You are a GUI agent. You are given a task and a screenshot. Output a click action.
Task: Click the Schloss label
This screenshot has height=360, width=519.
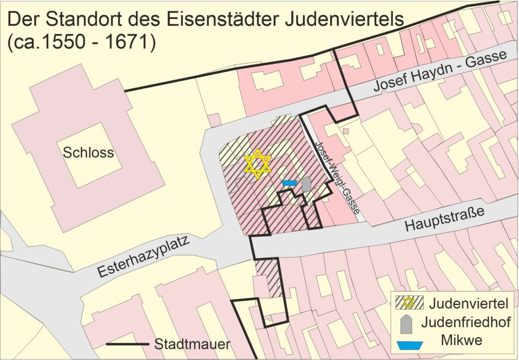point(88,153)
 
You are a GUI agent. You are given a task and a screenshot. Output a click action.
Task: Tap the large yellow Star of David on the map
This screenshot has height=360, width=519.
point(257,164)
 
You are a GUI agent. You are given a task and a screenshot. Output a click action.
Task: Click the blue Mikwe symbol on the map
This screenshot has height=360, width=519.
point(289,183)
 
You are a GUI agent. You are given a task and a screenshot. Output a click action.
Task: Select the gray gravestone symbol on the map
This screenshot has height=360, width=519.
point(306,185)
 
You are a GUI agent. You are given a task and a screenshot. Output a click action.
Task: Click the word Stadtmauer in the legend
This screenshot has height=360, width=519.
point(192,345)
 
